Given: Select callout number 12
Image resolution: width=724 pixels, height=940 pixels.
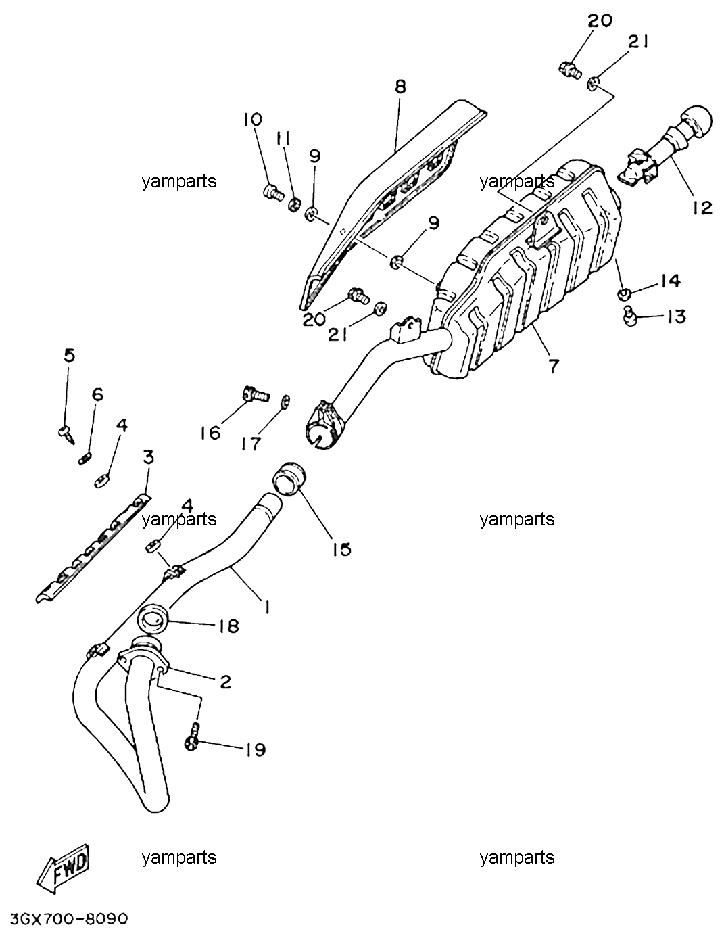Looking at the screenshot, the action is coord(701,208).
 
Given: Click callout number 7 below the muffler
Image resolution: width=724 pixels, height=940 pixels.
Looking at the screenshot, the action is coord(553,366).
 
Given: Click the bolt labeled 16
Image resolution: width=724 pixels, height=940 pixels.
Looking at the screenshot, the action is coord(255,394).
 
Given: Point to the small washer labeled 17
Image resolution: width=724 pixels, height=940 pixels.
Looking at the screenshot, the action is coord(285,402).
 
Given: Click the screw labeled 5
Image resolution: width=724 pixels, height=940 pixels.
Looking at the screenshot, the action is coord(67,434).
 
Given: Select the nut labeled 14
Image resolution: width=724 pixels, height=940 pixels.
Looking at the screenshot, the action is coord(623,294).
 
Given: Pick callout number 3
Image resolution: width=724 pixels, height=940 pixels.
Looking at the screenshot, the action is coord(148,456).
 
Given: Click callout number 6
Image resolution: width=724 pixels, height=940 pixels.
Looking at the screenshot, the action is coord(98,394).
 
